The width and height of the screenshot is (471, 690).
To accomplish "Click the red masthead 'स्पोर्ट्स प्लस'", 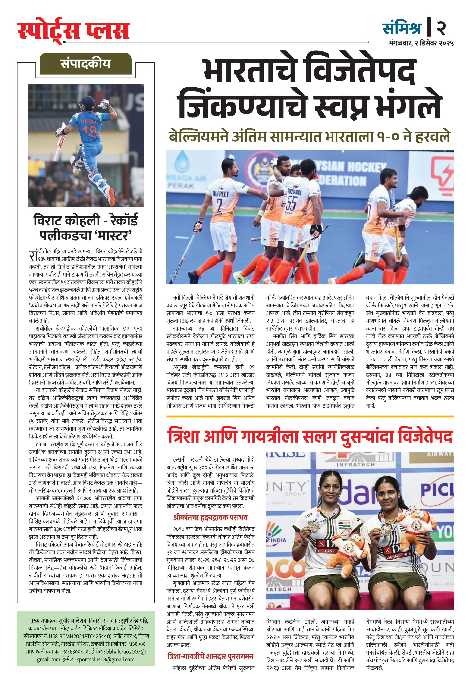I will (x=73, y=31).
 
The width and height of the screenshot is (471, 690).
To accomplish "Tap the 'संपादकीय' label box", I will (x=85, y=63).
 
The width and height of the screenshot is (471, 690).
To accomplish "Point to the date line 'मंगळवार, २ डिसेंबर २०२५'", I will (x=421, y=43).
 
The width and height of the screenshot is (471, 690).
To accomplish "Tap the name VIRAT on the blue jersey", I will (x=88, y=121).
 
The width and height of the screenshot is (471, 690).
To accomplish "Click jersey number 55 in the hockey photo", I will (x=291, y=204).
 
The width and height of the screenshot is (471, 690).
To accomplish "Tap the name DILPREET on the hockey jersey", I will (x=220, y=194).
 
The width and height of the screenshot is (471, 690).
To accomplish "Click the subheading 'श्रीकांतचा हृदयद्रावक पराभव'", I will (x=210, y=518).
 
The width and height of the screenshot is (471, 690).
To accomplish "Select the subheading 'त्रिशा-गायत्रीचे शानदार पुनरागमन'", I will (x=210, y=656).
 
